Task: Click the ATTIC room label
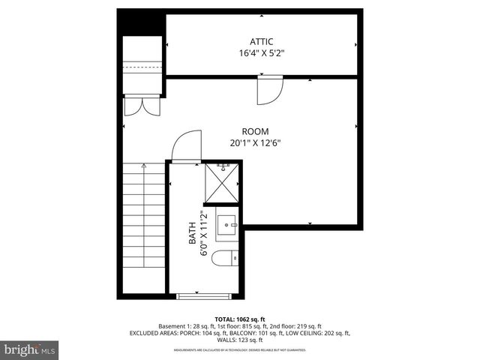(262, 41)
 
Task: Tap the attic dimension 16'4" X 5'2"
(262, 53)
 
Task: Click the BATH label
(192, 234)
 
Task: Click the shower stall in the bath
(223, 184)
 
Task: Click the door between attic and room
(268, 89)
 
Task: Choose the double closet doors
(142, 106)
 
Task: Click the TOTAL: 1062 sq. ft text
(240, 319)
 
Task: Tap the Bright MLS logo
(30, 349)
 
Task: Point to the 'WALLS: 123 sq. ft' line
(240, 340)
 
